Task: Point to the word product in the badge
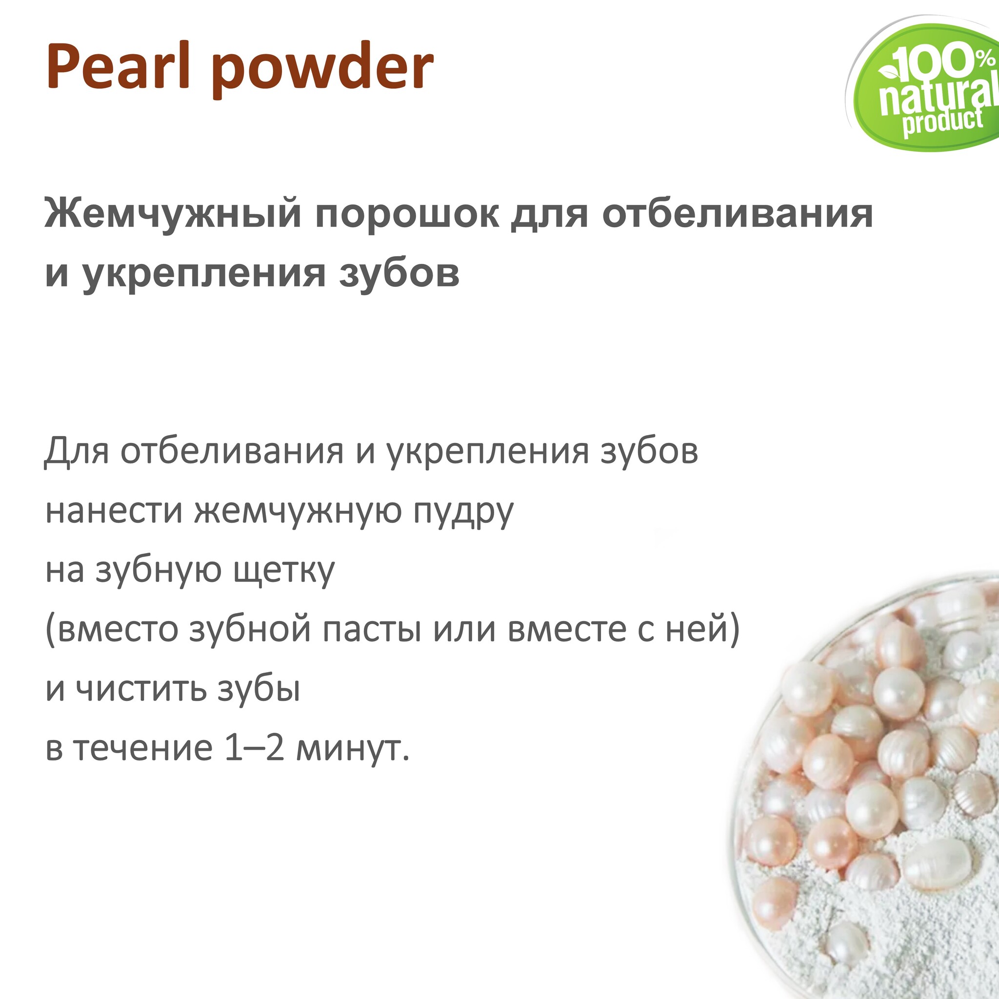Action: [x=942, y=122]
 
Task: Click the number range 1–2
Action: [x=255, y=747]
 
